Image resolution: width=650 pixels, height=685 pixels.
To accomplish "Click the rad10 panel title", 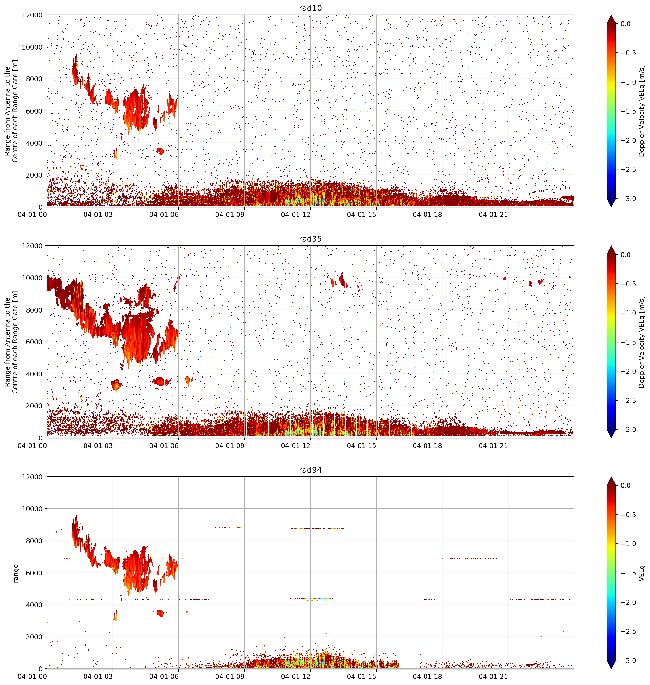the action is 310,8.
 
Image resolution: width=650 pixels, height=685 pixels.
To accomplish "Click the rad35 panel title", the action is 310,239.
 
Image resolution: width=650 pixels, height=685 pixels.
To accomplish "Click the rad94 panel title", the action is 310,470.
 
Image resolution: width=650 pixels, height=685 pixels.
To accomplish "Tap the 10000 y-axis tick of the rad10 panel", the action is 32,47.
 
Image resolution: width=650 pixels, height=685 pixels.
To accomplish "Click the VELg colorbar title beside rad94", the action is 642,573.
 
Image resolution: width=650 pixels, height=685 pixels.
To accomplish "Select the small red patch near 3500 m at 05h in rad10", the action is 160,151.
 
